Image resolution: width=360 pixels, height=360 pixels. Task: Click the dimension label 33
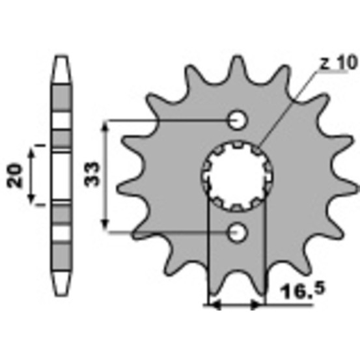92,174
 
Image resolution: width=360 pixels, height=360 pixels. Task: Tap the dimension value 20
15,176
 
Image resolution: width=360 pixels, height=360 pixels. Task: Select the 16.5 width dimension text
303,290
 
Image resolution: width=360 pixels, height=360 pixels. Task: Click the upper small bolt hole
238,120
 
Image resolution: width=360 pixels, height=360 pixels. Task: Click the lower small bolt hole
238,232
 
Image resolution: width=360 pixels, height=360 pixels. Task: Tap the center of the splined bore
238,176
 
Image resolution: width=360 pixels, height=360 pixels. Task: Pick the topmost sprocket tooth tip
238,57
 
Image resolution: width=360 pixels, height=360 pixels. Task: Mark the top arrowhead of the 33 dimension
105,126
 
